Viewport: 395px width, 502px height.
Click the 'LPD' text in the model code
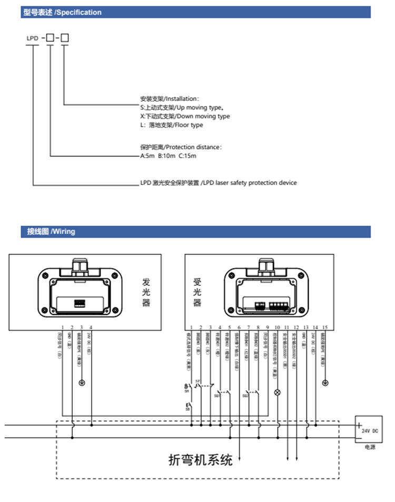(33, 38)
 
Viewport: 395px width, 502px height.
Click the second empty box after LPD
(65, 37)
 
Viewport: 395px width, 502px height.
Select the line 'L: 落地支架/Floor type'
(171, 125)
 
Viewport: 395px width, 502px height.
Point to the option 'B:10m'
(168, 156)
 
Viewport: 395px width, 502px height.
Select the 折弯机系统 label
(200, 460)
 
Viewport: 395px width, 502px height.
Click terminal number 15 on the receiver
(325, 328)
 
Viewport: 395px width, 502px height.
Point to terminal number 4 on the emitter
(91, 328)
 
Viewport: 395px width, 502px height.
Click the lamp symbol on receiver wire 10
(278, 392)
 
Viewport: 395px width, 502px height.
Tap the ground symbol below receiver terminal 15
(325, 382)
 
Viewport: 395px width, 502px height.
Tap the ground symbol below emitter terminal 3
(82, 382)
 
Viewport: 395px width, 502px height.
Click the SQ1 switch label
(217, 395)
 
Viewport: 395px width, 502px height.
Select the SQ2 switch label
(245, 395)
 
